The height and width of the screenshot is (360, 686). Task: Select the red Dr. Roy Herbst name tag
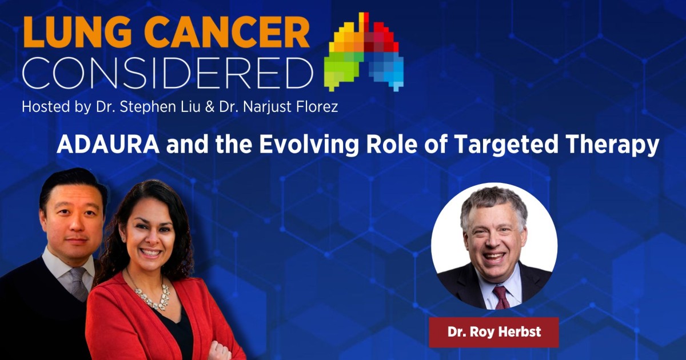(x=493, y=332)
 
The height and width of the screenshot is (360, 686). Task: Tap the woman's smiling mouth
(x=150, y=252)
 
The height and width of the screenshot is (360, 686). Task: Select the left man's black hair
(x=71, y=182)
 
